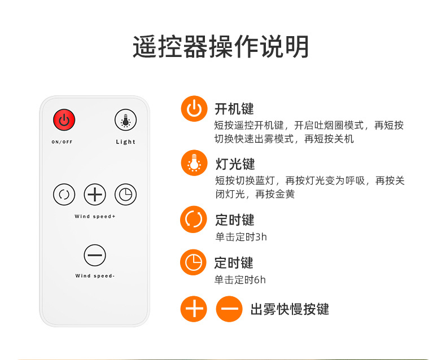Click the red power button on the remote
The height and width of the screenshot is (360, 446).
(64, 120)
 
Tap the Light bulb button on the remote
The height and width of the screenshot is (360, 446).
(125, 120)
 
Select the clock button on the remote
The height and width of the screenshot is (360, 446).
(125, 195)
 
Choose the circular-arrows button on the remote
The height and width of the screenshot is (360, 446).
(64, 195)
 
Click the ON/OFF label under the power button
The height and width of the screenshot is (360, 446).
(62, 142)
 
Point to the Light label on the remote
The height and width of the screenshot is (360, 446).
(125, 142)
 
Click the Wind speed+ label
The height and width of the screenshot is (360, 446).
(95, 217)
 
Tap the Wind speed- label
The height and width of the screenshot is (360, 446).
(95, 276)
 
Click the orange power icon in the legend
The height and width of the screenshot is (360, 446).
(194, 109)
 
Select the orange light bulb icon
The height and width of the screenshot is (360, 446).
(194, 163)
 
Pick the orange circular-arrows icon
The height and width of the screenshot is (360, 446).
(194, 219)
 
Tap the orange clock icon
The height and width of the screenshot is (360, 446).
(194, 262)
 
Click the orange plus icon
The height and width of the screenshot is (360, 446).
(194, 309)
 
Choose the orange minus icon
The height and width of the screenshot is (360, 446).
(229, 309)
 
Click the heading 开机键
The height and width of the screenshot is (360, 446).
(234, 109)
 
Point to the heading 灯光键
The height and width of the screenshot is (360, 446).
(235, 164)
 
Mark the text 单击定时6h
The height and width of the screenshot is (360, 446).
(240, 280)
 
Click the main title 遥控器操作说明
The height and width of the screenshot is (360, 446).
(221, 47)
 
